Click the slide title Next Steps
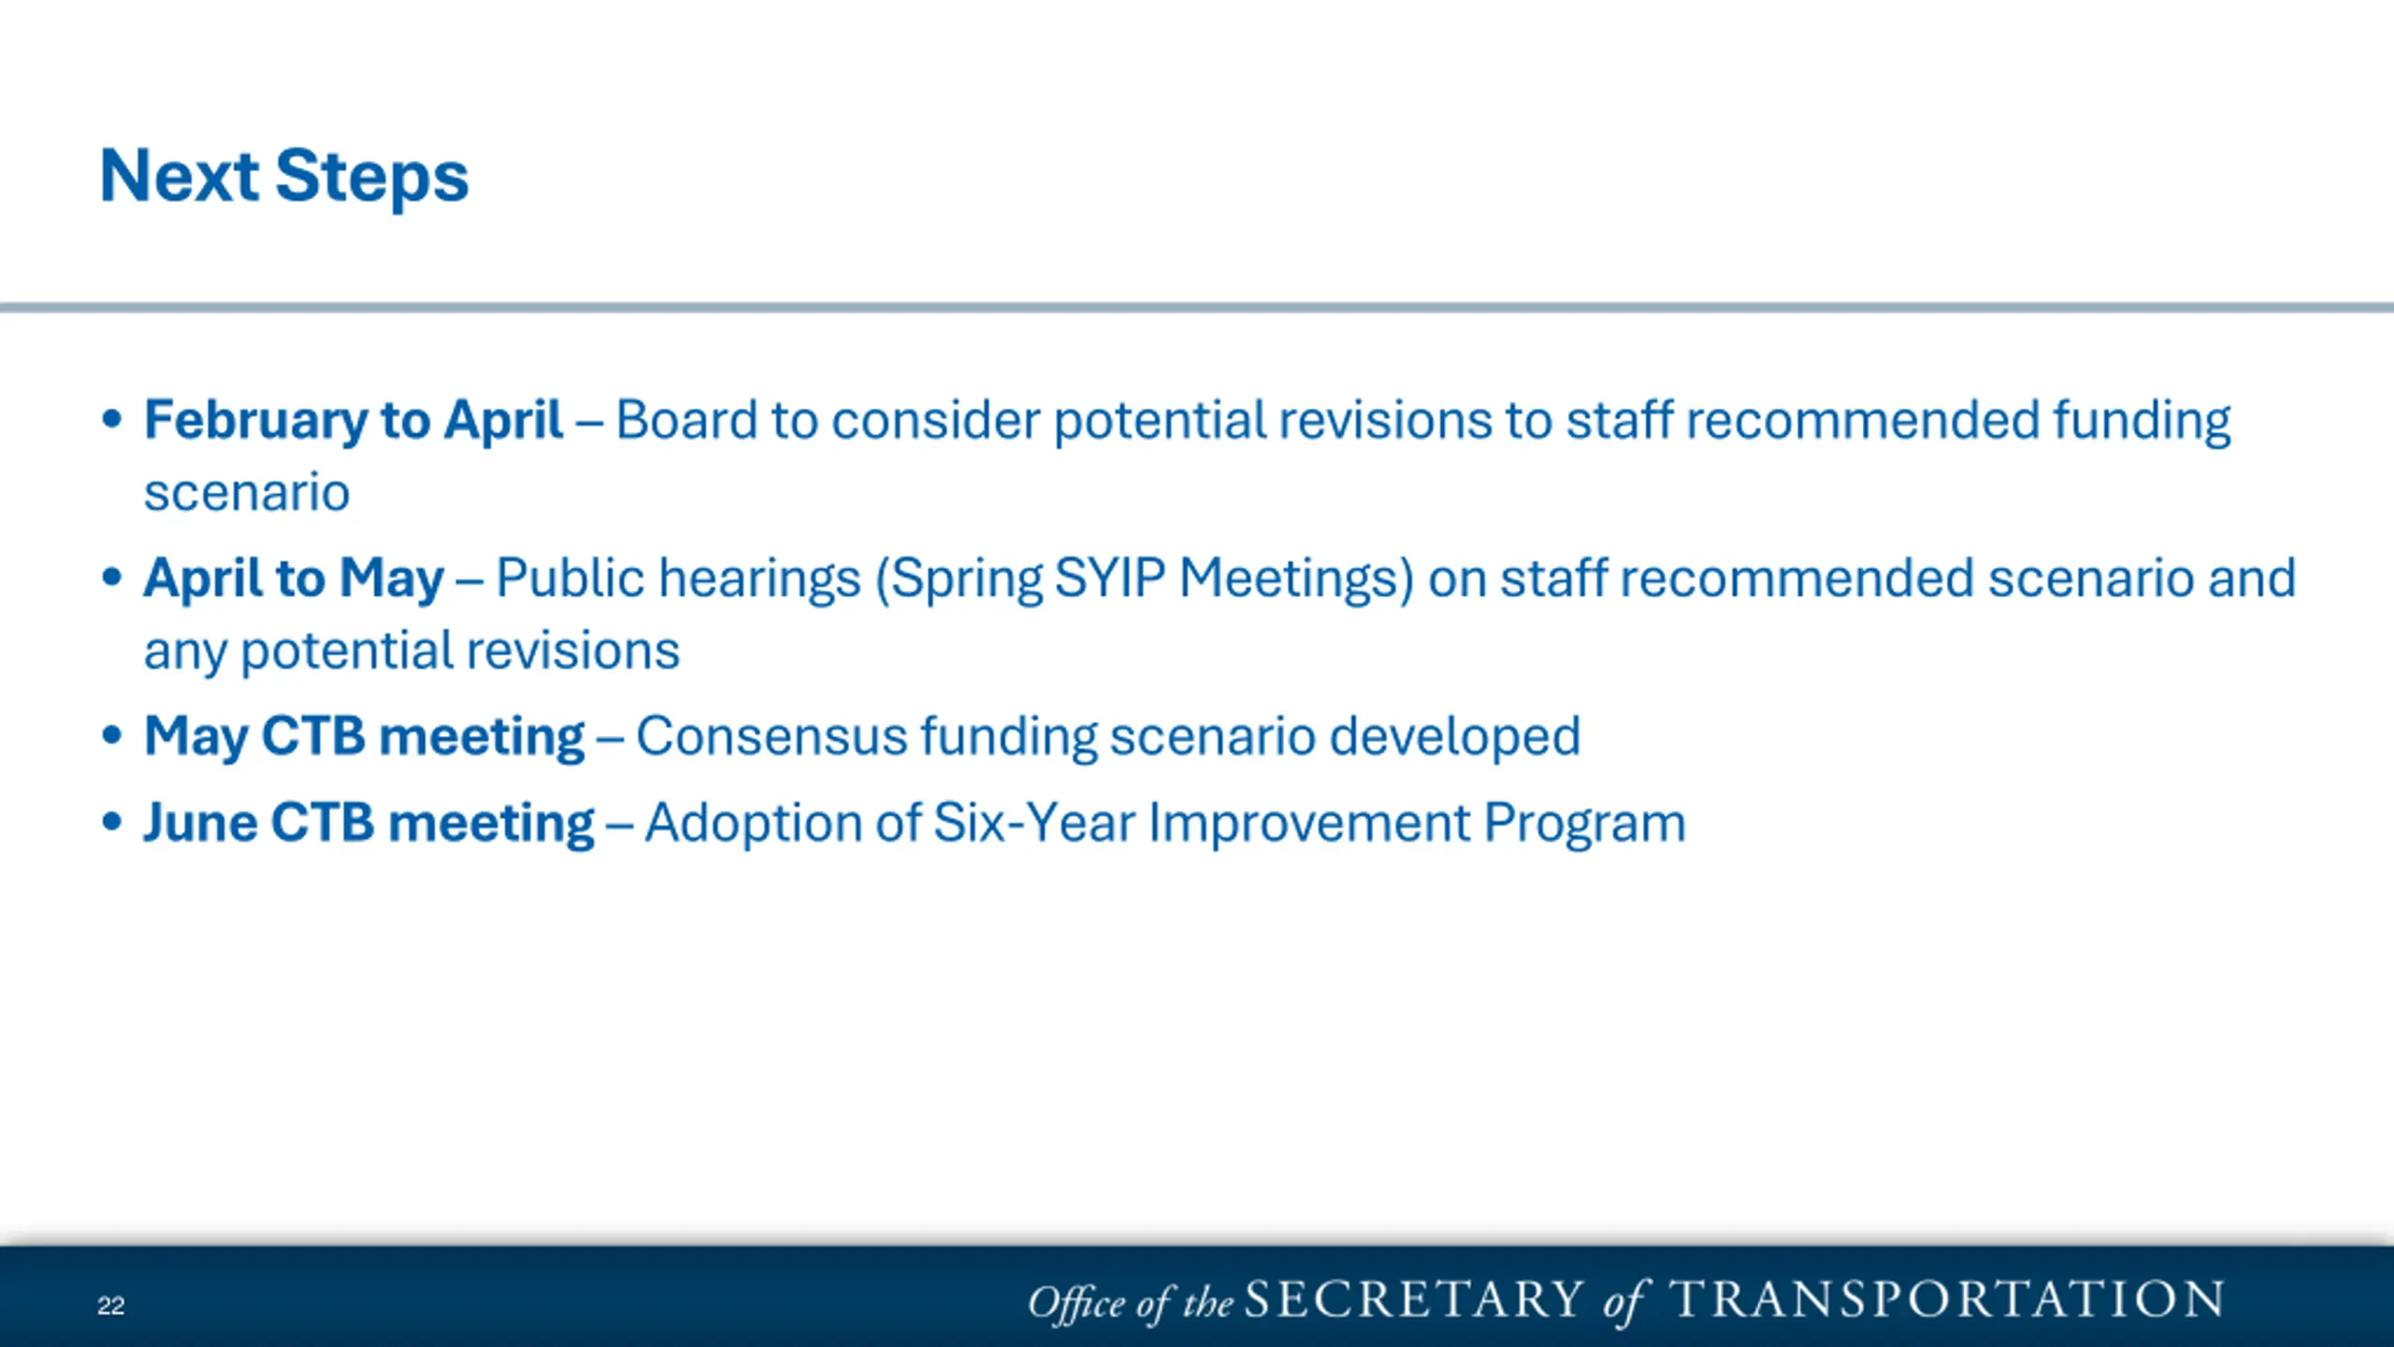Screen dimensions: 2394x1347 click(x=283, y=177)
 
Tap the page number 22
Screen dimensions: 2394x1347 click(x=110, y=1306)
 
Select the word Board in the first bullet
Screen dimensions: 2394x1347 click(x=686, y=420)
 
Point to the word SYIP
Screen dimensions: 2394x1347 click(x=1110, y=578)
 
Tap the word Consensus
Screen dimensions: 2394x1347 click(x=772, y=736)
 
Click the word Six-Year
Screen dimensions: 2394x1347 click(x=1034, y=823)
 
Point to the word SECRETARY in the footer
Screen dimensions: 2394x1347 click(x=1414, y=1299)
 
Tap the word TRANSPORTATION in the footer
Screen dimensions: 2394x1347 click(x=1946, y=1299)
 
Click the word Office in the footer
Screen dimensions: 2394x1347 click(x=1077, y=1302)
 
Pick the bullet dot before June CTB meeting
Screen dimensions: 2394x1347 click(x=112, y=822)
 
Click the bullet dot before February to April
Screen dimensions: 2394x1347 click(x=112, y=419)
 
